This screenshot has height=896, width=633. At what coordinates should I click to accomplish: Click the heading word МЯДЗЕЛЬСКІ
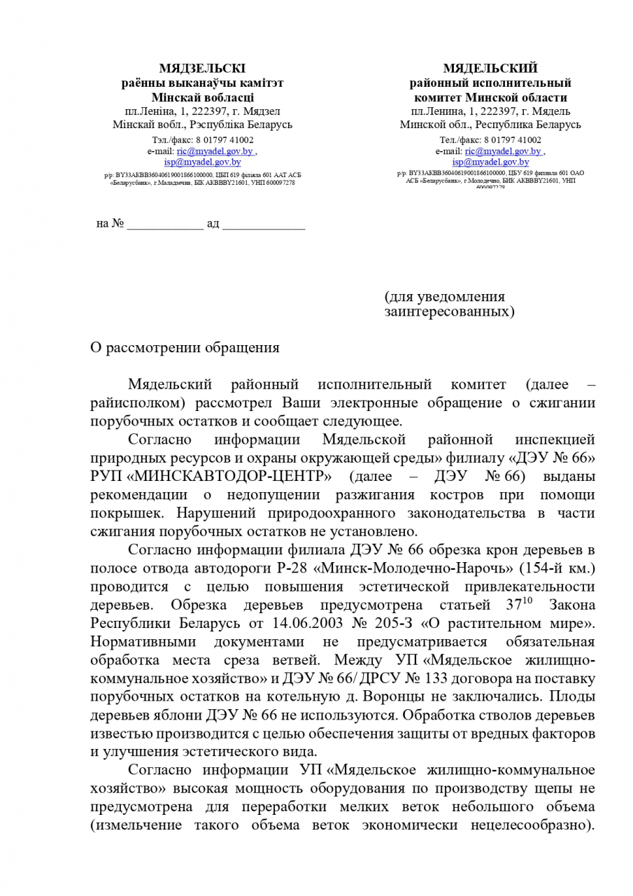(x=202, y=69)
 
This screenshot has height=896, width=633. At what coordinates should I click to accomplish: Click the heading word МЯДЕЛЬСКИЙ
(x=490, y=69)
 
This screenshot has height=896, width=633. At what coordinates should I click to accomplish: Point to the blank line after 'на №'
(x=165, y=225)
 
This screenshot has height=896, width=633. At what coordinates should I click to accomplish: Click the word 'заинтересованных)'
(x=449, y=311)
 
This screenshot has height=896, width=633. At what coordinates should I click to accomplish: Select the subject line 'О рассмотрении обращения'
(x=185, y=348)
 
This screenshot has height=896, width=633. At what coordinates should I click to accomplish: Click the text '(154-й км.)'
(x=553, y=568)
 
